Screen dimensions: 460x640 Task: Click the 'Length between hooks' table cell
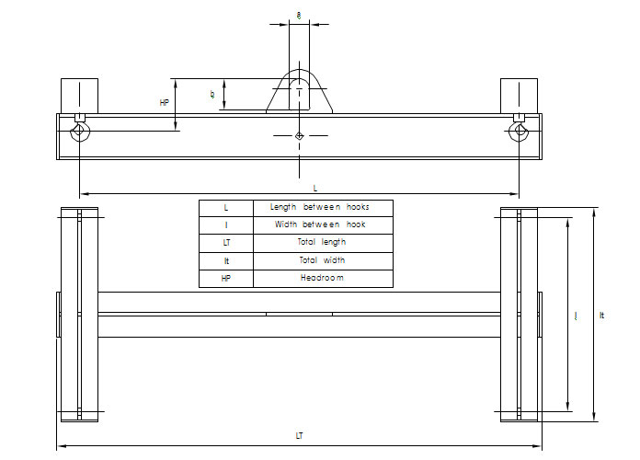322,208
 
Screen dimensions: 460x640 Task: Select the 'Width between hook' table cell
322,225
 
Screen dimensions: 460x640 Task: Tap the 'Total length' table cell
322,243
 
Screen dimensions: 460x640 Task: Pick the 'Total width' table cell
322,260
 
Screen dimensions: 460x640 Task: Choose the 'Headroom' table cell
322,278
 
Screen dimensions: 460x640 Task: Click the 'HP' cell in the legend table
226,278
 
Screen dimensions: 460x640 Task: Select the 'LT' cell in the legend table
226,243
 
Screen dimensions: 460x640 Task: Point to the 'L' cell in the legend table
226,208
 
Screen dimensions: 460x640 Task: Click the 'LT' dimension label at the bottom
299,435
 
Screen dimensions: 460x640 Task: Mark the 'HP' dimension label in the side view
165,103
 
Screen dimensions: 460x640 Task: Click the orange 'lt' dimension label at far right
601,316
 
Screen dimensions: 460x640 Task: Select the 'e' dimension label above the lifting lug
300,15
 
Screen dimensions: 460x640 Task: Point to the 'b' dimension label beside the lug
212,94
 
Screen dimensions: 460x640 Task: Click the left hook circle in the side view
80,132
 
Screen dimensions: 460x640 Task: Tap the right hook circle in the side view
520,132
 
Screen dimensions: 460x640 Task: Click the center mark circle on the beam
300,136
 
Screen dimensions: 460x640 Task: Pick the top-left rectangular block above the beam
79,96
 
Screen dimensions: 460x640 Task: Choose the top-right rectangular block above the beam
519,96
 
